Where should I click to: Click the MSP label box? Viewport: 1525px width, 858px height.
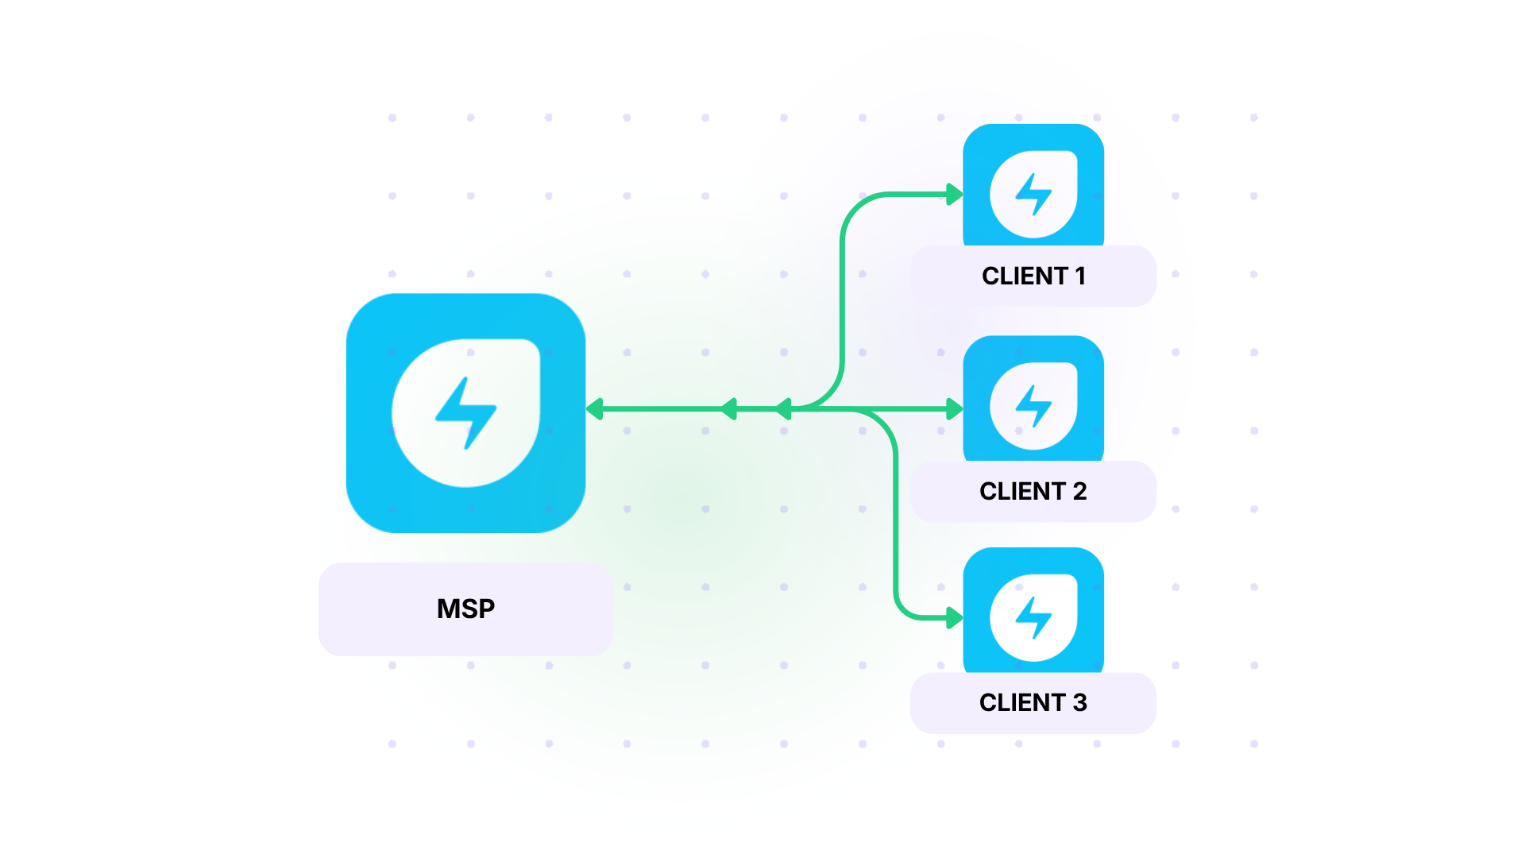465,609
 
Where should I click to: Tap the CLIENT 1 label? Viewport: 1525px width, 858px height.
1033,276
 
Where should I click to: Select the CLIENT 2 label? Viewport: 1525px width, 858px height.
1033,491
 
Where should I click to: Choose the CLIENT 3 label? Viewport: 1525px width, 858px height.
1033,702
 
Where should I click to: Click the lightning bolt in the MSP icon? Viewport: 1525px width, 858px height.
466,412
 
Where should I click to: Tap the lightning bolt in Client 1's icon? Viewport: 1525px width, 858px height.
1033,195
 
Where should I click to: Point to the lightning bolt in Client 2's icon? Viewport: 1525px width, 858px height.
1033,406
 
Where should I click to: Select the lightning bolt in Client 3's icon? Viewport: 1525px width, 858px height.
1033,617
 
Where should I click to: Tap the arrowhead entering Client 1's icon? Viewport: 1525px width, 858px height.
955,194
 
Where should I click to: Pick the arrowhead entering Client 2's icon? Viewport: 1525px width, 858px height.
955,409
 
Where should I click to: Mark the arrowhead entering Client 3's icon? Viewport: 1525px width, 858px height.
955,617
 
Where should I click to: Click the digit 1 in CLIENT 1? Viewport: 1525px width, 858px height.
1080,276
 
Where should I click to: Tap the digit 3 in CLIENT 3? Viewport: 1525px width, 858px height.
1079,702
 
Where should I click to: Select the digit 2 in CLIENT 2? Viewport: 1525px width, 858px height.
1079,491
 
